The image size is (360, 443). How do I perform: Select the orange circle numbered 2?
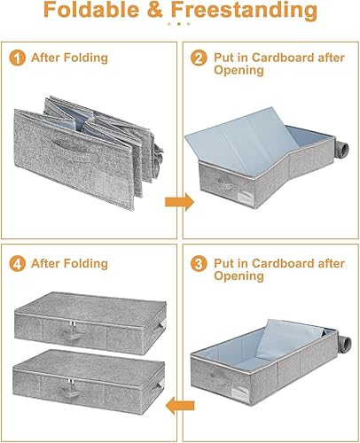pyautogui.click(x=198, y=58)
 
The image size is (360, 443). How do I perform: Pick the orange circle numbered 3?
pyautogui.click(x=198, y=263)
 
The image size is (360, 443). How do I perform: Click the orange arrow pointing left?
pyautogui.click(x=180, y=407)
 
